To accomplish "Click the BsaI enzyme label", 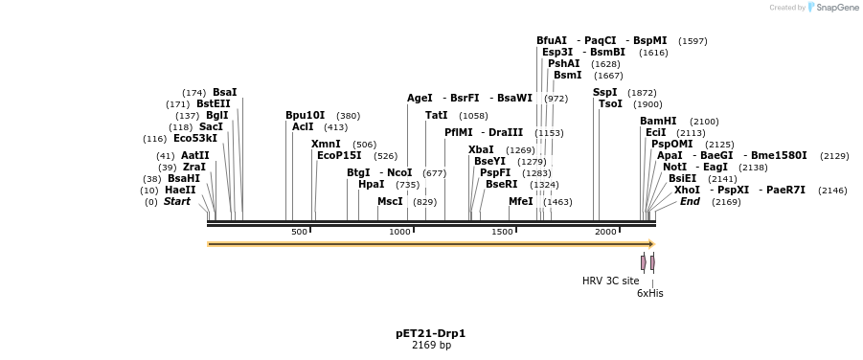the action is point(224,93).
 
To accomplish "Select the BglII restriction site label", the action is point(216,116).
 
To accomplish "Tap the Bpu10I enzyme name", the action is point(305,116).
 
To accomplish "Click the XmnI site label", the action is point(326,145).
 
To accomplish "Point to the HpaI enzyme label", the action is point(371,185).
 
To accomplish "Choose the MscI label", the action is point(390,202).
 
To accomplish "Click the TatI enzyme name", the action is point(436,116).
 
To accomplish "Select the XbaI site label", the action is point(481,150).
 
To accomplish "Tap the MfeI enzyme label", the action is point(520,202).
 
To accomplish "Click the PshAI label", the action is point(563,64).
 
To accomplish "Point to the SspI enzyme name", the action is point(604,93).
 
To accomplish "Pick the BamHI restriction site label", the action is point(658,122).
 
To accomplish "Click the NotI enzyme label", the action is point(674,168).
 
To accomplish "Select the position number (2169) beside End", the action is point(726,202).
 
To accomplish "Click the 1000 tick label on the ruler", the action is point(399,232).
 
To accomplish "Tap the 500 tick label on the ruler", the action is point(299,232).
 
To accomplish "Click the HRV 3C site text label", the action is point(610,281).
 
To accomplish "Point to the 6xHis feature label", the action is point(649,294).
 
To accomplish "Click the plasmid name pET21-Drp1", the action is point(430,334).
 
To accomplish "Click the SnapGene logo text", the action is point(838,8).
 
